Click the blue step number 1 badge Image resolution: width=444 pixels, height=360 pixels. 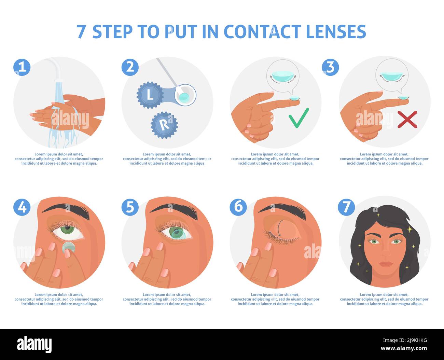(x=22, y=67)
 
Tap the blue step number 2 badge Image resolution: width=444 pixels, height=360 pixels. (x=130, y=67)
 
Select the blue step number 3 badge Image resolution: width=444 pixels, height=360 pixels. (x=330, y=67)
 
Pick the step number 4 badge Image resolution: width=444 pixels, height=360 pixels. (x=22, y=207)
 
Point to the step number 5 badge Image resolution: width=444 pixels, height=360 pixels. (x=130, y=207)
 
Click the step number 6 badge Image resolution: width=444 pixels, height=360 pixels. (x=238, y=207)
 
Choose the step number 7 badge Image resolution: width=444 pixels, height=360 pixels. (x=346, y=207)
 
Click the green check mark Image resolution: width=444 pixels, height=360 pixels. (x=299, y=118)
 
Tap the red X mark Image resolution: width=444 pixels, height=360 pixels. (x=407, y=119)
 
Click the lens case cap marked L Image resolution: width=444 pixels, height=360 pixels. (x=150, y=95)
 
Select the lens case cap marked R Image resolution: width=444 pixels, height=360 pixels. (x=164, y=125)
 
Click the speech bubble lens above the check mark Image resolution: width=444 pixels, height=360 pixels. (x=282, y=77)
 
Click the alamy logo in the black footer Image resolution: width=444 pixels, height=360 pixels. (x=34, y=344)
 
